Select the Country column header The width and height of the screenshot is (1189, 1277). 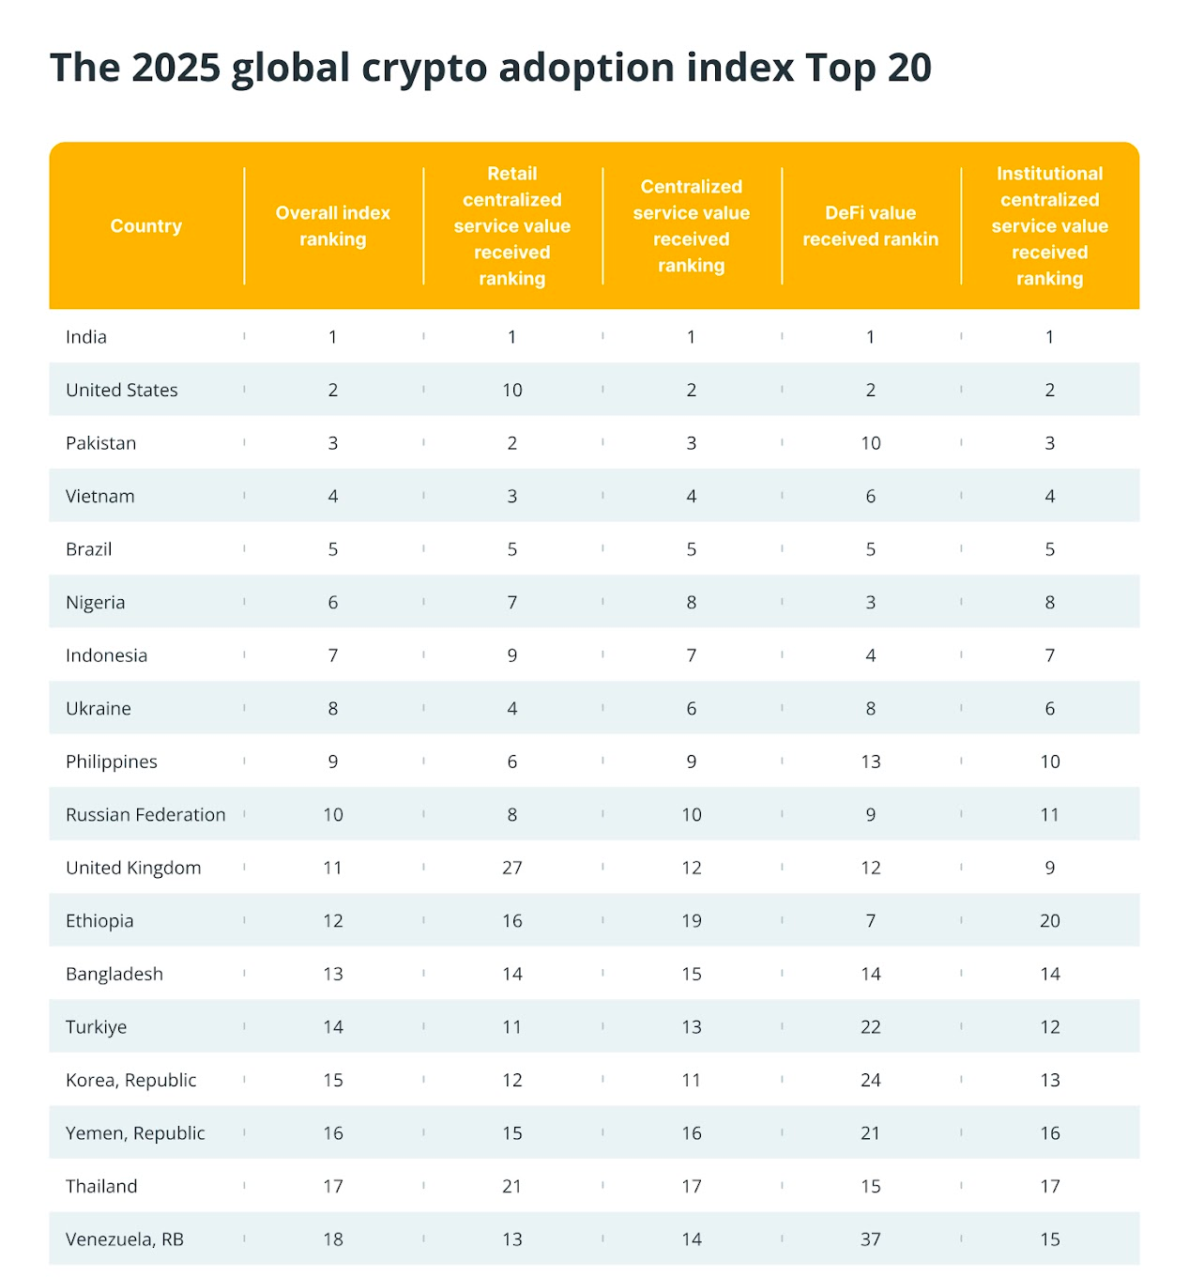coord(145,226)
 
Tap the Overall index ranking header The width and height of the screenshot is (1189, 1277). coord(333,226)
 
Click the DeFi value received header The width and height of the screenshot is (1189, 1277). coord(870,226)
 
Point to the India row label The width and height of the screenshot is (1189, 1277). coord(86,337)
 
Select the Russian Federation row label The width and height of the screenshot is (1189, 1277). coord(145,815)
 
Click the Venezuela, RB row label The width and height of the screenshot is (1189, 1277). coord(125,1239)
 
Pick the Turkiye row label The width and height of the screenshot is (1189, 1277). coord(96,1027)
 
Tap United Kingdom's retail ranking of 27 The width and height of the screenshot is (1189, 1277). coord(512,869)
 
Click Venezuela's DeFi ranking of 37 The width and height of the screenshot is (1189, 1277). coord(871,1239)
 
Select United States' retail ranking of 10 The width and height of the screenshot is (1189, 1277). coord(512,391)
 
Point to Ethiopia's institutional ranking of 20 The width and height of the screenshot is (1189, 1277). coord(1050,921)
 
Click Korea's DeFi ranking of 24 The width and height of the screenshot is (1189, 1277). coord(871,1081)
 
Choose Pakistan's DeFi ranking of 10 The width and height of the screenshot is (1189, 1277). coord(871,443)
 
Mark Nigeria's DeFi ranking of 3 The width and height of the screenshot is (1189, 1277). coord(871,603)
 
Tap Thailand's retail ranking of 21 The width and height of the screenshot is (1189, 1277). coord(512,1187)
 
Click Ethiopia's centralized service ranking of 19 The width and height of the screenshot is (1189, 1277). coord(692,921)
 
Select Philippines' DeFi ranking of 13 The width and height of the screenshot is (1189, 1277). coord(871,762)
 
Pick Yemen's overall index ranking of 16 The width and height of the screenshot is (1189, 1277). coord(333,1133)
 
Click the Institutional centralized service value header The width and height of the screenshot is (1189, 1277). coord(1050,226)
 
